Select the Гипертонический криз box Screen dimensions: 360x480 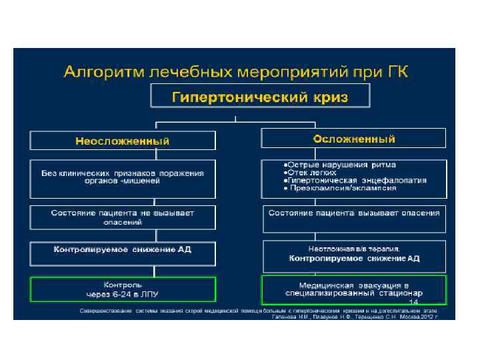[260, 97]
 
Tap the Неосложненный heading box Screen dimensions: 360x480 [122, 141]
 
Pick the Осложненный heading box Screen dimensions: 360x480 [353, 139]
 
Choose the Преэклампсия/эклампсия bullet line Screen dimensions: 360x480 [340, 188]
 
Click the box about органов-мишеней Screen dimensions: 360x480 [122, 177]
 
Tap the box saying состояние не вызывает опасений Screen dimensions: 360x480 [122, 217]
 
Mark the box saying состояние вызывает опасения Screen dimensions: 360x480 [353, 213]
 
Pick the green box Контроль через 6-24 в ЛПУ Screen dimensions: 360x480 [122, 289]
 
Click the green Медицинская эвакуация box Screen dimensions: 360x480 [353, 288]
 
